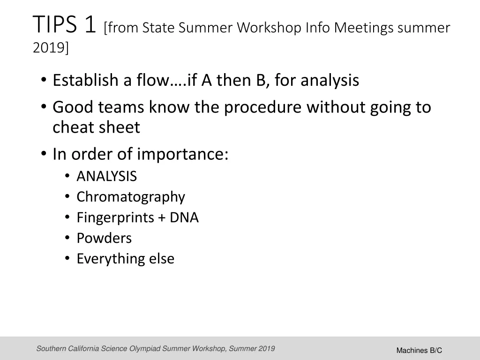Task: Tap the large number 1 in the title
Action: click(90, 25)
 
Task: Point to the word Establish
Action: click(85, 81)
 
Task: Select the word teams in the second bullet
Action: click(122, 107)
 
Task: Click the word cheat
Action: click(74, 127)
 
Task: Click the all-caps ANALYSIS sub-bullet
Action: click(106, 176)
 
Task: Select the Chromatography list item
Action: click(131, 197)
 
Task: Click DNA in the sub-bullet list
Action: click(184, 217)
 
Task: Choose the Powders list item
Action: click(104, 238)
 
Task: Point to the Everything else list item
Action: click(125, 259)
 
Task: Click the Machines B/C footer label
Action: click(419, 350)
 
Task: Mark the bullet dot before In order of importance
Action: click(44, 154)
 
